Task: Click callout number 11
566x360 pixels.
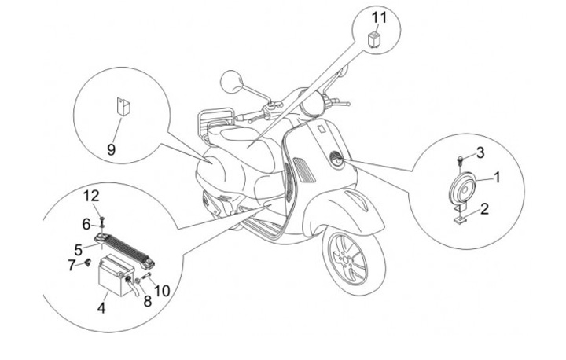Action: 380,16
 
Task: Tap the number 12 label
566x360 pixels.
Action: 92,195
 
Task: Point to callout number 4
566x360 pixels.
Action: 101,308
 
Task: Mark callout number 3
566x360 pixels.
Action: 479,151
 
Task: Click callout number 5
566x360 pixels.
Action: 79,249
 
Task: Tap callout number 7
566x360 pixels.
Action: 71,264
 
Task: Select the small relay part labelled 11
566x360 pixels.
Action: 377,38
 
